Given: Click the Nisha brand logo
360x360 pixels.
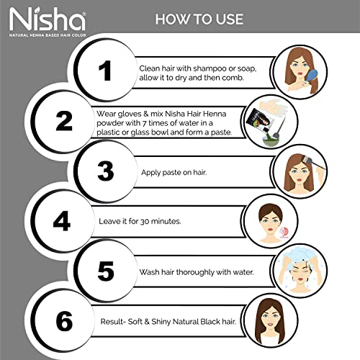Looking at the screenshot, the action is click(x=48, y=22).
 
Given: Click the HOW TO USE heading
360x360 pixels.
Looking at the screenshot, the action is click(x=199, y=19).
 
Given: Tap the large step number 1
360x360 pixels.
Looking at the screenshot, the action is click(x=105, y=71).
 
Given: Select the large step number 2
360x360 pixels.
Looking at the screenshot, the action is click(x=64, y=121).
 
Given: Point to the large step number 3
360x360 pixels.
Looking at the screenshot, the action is click(x=106, y=171).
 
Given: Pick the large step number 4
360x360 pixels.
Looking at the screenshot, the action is click(x=62, y=221).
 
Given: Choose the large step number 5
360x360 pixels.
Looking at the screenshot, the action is click(x=106, y=271).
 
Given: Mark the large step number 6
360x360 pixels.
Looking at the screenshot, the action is click(x=64, y=321).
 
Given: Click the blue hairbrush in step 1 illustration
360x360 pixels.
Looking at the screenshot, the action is click(x=312, y=76).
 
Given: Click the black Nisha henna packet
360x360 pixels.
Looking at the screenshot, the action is click(x=258, y=121).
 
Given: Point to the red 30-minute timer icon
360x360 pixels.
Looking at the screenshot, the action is click(x=284, y=233).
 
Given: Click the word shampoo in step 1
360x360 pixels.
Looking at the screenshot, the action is click(x=210, y=68).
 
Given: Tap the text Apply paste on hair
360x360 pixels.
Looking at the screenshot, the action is click(x=174, y=173).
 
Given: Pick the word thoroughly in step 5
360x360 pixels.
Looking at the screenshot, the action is click(x=195, y=272).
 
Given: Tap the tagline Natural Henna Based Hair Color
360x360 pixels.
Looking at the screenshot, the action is click(x=48, y=35).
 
